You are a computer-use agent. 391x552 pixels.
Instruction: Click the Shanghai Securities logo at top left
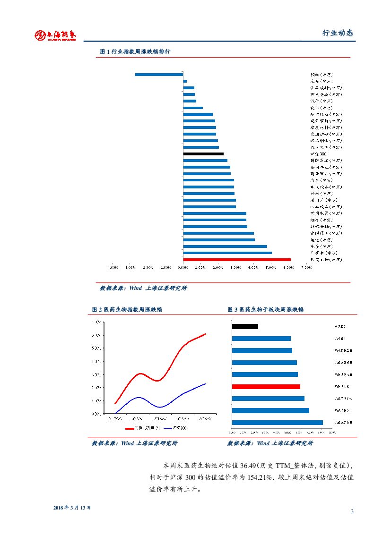point(55,35)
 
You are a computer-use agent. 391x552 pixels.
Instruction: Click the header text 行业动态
point(338,33)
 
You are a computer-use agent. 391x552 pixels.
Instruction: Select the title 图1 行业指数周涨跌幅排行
point(135,51)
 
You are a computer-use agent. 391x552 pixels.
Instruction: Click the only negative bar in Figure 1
point(159,74)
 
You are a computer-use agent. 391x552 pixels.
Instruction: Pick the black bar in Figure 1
point(203,154)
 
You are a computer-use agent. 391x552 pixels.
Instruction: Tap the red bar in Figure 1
point(236,259)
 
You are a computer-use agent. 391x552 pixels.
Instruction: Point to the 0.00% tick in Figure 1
point(183,268)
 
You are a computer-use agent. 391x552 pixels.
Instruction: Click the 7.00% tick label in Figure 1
point(305,268)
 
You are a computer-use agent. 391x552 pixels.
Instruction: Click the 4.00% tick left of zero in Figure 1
point(113,268)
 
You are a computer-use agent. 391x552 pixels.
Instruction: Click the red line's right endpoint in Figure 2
point(206,334)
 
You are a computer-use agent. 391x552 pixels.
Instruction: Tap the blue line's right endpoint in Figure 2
point(205,383)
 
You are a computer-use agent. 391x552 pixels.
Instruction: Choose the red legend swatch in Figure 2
point(130,428)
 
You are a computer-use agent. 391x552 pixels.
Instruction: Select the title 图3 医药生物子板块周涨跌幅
point(265,309)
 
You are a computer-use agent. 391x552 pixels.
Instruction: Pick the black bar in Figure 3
point(245,326)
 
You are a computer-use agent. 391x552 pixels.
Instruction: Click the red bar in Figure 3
point(266,386)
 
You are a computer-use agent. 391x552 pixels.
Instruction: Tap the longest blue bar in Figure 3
point(277,422)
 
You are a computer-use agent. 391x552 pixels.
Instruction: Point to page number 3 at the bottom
point(352,511)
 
